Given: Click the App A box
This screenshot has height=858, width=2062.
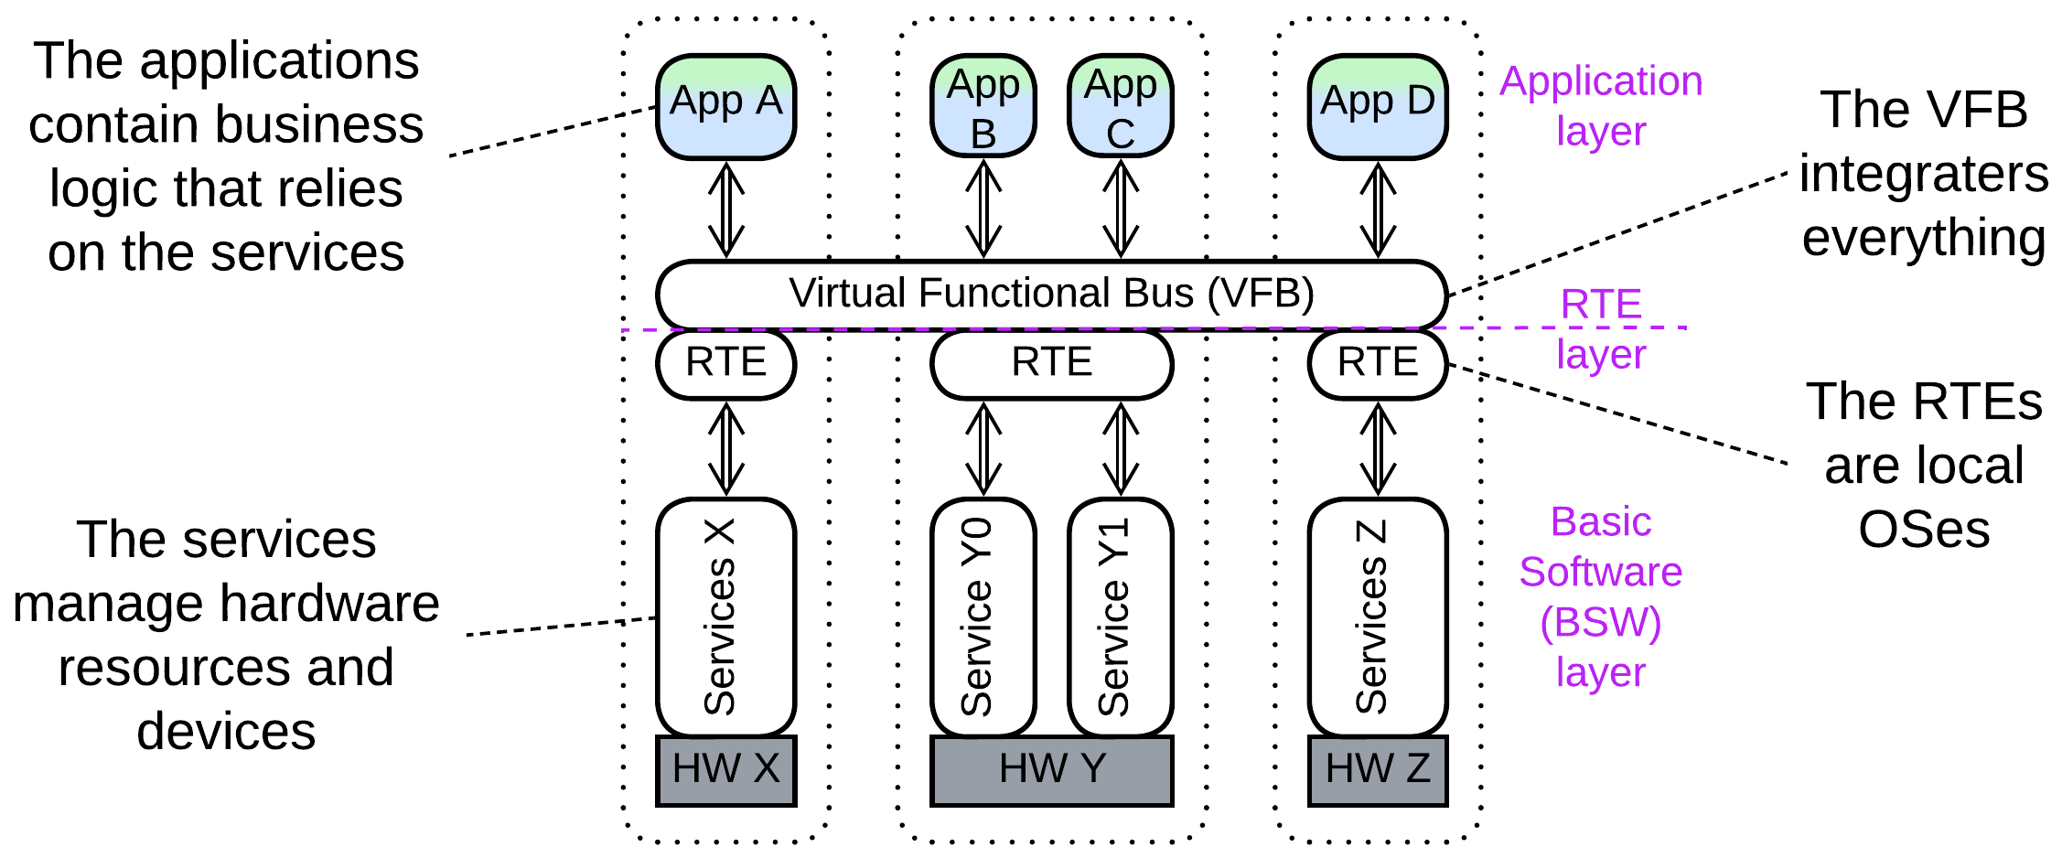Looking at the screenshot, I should pos(725,106).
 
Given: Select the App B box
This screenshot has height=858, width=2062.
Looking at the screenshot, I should pos(983,106).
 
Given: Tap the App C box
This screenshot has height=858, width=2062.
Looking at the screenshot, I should pos(1120,106).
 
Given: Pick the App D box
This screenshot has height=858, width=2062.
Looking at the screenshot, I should pos(1377,106).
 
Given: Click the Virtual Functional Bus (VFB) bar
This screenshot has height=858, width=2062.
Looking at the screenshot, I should pos(1051,294).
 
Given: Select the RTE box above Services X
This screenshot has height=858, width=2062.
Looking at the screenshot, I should pos(725,363).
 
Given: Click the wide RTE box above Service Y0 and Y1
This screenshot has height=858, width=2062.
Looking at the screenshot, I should pos(1051,363).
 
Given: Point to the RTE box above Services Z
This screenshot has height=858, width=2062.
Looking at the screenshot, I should pos(1377,363).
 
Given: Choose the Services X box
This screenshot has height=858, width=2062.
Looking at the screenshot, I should pos(725,617).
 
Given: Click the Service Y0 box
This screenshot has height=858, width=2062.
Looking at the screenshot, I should pos(983,617).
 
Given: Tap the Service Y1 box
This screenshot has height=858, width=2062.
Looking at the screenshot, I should pos(1120,617).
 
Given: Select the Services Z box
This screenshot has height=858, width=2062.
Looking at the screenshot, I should pos(1377,617).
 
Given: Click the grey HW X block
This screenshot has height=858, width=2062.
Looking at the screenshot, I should pos(725,770).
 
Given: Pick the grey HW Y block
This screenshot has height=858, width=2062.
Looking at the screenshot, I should pos(1051,770).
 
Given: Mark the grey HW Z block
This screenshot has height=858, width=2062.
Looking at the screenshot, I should pos(1377,770).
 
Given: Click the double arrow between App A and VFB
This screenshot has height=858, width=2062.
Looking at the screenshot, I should pos(726,210).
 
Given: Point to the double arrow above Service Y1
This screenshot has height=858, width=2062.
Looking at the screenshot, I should pos(1121,449).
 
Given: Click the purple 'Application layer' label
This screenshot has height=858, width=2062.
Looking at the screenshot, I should pos(1600,105).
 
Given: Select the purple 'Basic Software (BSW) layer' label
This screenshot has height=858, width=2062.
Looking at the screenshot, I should pos(1600,596).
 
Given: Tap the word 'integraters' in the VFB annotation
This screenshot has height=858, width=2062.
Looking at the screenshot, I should pos(1923,174).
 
